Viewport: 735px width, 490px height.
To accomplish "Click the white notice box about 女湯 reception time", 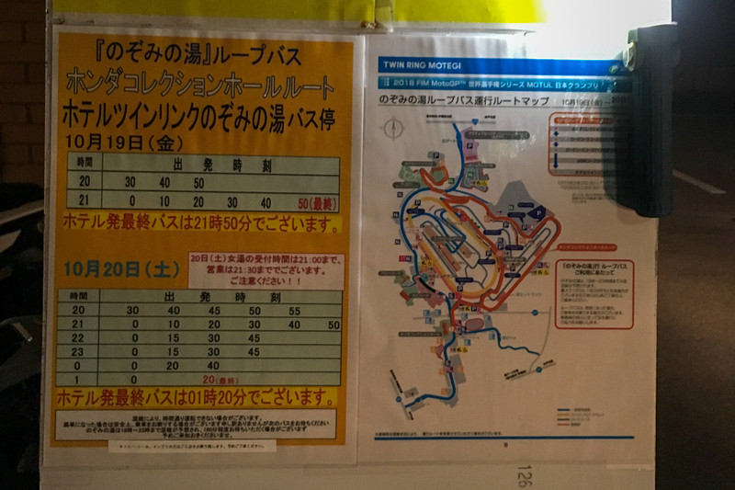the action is click(266, 271).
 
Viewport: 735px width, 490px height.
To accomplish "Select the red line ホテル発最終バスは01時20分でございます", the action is click(195, 399).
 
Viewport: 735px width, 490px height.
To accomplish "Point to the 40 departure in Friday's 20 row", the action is click(164, 182).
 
